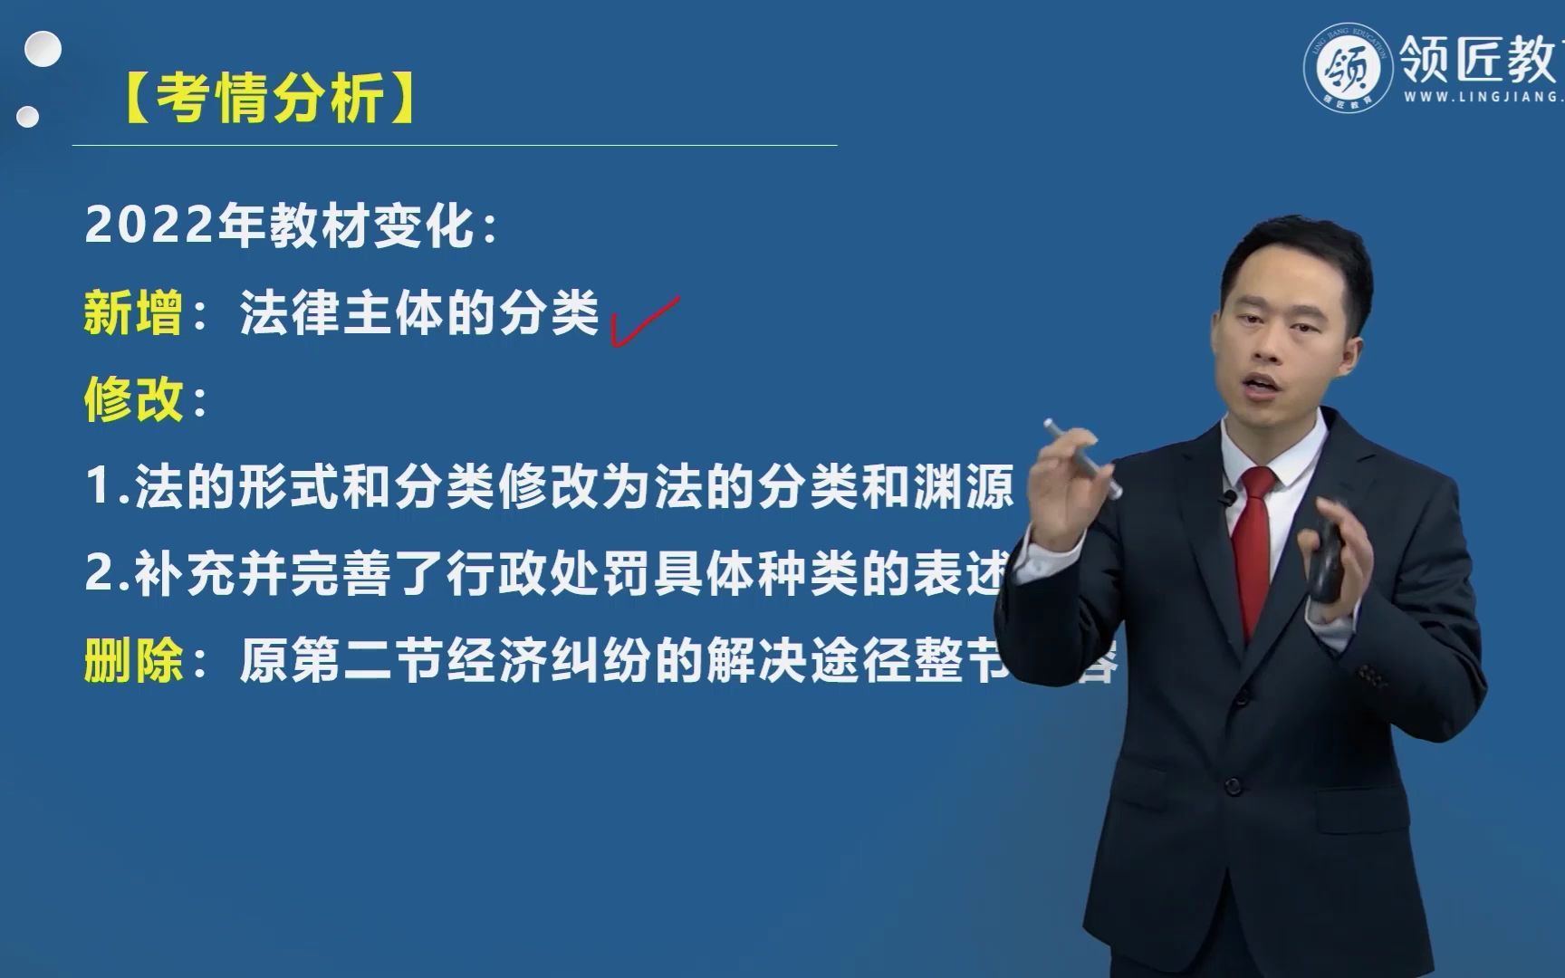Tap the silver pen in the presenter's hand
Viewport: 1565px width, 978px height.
tap(1082, 457)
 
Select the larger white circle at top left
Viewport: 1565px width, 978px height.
tap(43, 51)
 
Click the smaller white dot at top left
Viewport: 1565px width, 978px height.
tap(28, 117)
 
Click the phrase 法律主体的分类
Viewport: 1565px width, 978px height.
tap(418, 313)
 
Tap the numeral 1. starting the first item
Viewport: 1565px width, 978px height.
tap(107, 486)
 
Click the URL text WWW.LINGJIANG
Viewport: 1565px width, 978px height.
tap(1481, 97)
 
